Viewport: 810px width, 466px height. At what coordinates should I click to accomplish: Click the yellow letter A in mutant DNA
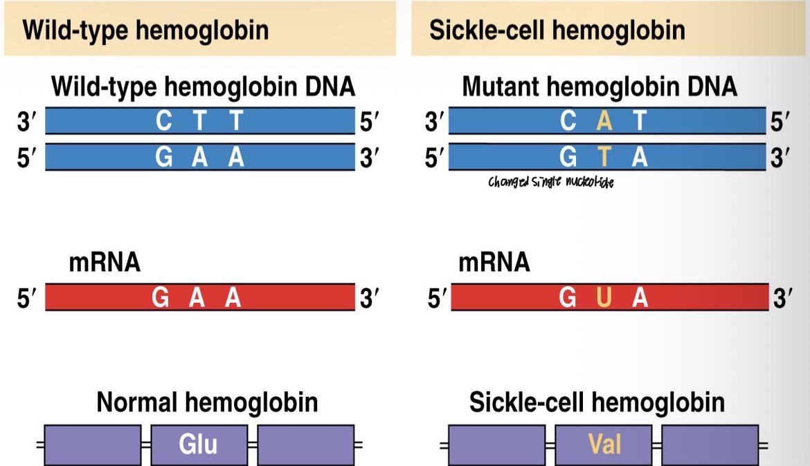(604, 122)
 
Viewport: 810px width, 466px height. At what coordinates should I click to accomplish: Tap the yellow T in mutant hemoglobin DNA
(604, 158)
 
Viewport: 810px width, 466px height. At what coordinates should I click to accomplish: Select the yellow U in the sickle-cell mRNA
(604, 298)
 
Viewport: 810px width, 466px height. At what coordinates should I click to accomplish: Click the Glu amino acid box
(199, 443)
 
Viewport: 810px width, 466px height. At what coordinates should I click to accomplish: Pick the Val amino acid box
(604, 443)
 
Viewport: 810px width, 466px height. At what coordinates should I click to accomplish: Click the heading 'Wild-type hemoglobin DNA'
(203, 88)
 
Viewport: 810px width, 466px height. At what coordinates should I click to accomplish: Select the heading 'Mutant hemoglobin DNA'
(600, 88)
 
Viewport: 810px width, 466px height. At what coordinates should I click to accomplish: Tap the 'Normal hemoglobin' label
(207, 402)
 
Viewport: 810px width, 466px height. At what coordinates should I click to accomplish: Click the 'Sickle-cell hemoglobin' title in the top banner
(557, 30)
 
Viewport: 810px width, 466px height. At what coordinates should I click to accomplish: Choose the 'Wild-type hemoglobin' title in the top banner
(145, 30)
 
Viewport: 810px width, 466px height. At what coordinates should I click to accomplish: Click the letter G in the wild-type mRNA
(161, 298)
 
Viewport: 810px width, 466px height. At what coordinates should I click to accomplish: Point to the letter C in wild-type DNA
(164, 122)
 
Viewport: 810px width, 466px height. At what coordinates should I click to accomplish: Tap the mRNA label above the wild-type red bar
(104, 263)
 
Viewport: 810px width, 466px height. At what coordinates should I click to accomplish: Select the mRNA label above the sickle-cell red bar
(494, 263)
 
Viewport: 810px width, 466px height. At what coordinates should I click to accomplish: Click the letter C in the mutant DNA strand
(569, 122)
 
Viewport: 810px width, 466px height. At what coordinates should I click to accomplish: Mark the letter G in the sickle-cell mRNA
(568, 298)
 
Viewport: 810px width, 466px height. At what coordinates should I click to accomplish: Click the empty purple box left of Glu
(93, 443)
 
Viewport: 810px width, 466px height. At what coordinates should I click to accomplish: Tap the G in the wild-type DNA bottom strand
(164, 158)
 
